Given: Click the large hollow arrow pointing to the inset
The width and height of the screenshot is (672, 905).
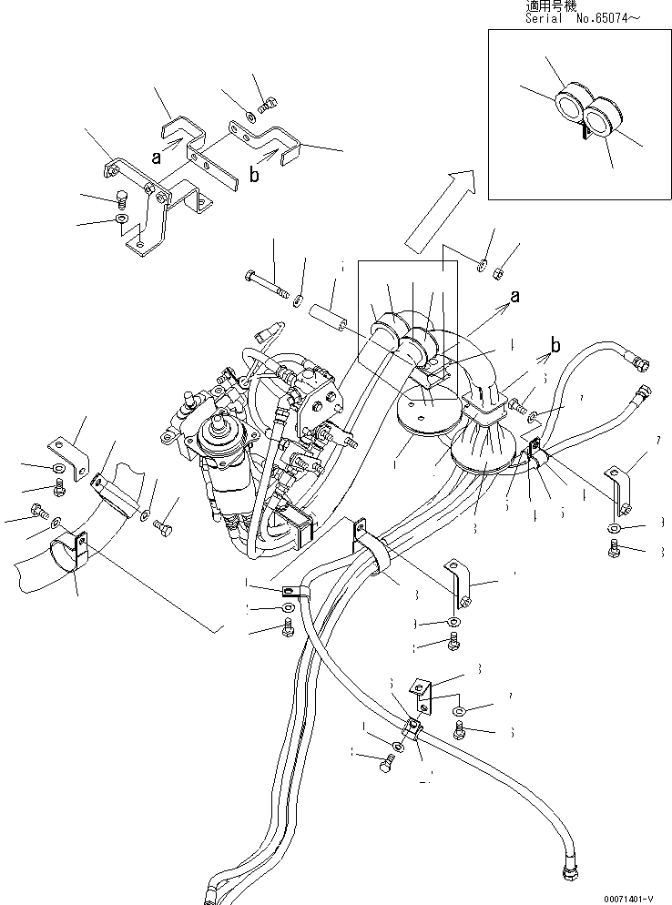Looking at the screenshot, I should (440, 210).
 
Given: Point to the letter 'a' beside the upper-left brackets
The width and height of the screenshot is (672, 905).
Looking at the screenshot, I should (156, 157).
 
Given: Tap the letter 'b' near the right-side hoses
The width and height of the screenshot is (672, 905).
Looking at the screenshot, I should (555, 347).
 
